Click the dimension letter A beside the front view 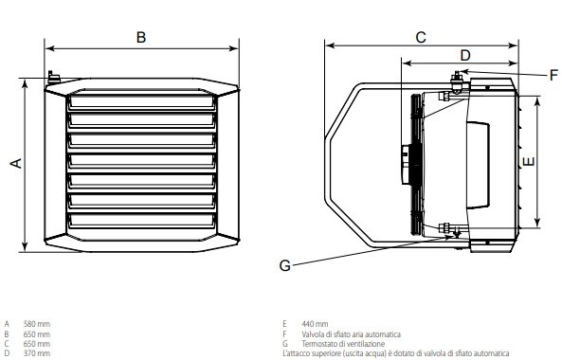[16, 163]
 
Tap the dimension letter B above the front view [141, 37]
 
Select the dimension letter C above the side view [421, 37]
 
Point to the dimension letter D [465, 56]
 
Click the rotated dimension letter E [528, 162]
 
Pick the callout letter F [553, 75]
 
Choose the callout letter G [285, 266]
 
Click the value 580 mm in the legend [37, 324]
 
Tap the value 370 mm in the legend [37, 353]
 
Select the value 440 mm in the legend [315, 324]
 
